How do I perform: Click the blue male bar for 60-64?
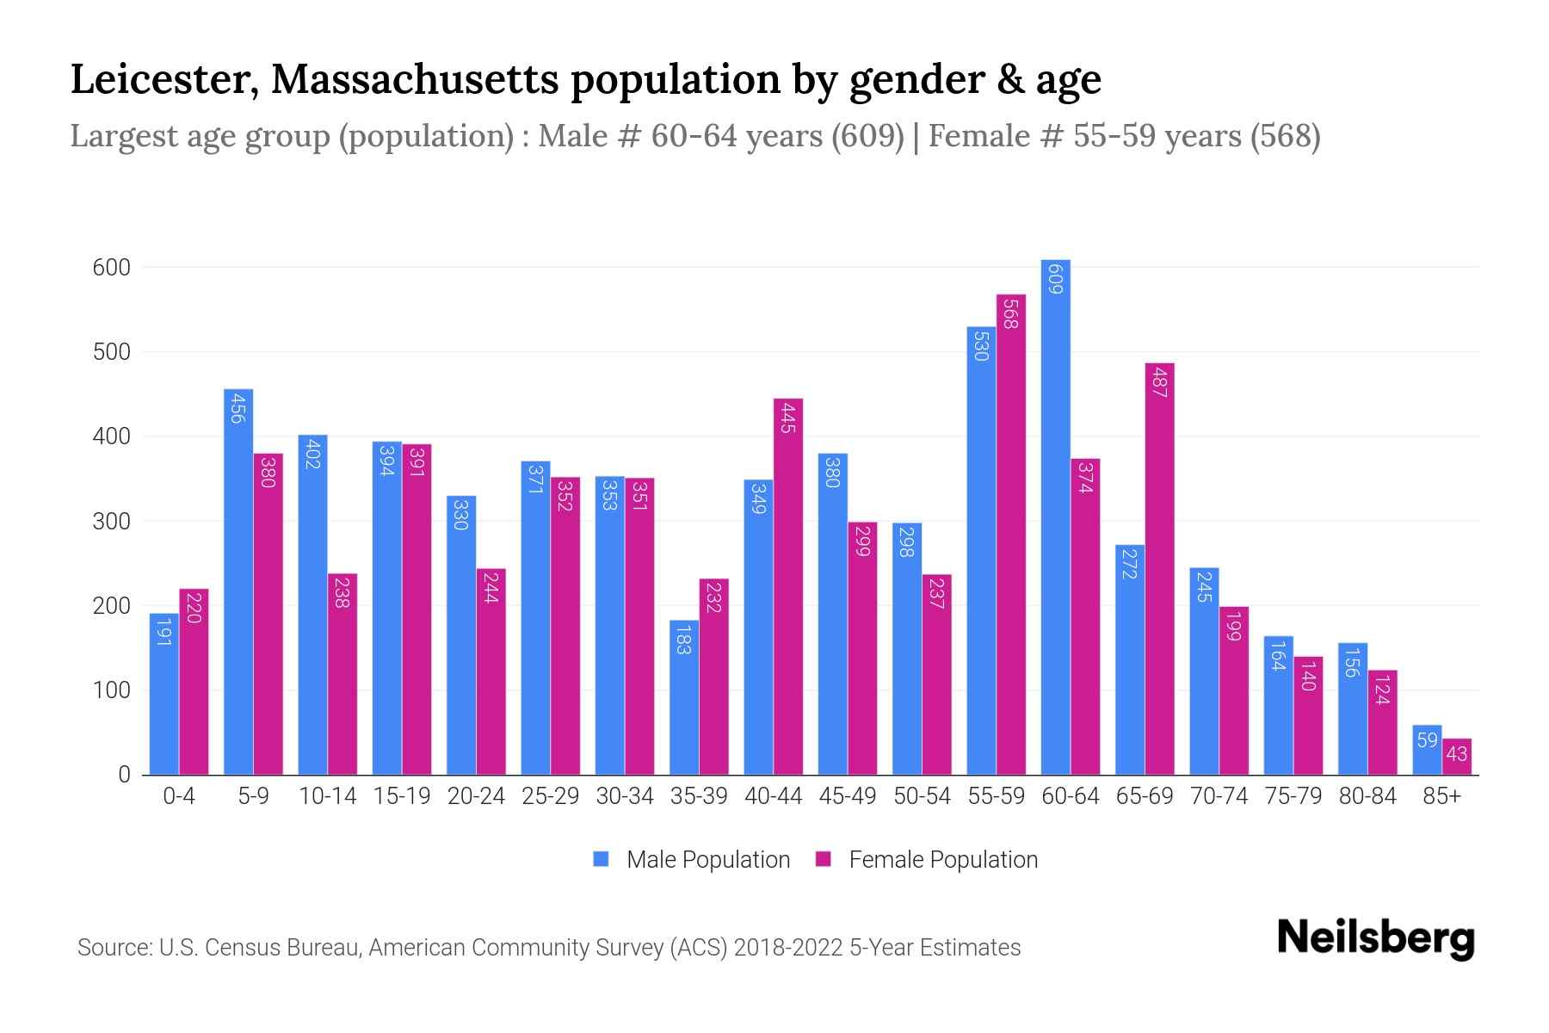click(x=1055, y=516)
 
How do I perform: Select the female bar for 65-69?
click(x=1159, y=568)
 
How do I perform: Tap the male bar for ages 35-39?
click(x=684, y=697)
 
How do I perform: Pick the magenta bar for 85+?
click(x=1457, y=757)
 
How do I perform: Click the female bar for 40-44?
click(x=788, y=585)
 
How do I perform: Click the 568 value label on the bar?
click(x=1011, y=312)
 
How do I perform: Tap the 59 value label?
click(x=1427, y=740)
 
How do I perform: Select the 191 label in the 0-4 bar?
click(x=164, y=632)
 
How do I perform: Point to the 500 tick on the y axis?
click(x=112, y=352)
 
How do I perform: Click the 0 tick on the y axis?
click(x=124, y=775)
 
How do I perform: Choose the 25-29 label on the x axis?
click(x=550, y=796)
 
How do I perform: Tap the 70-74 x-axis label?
click(x=1219, y=796)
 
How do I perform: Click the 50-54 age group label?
click(x=922, y=796)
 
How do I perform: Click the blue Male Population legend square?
click(x=601, y=859)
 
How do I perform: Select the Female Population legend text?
click(x=943, y=859)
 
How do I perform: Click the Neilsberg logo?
click(x=1375, y=938)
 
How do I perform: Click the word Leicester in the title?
click(x=164, y=79)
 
